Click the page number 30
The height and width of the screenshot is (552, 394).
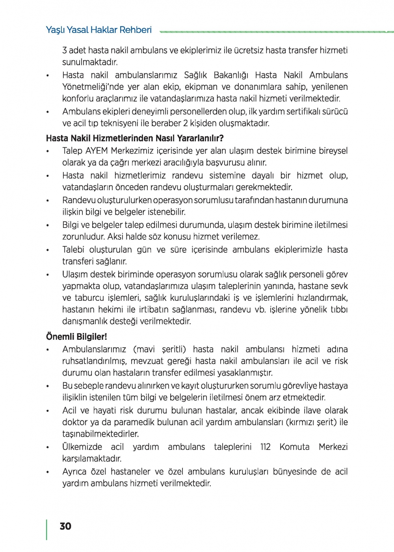coord(65,526)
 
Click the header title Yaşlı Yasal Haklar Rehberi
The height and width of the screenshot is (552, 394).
coord(99,30)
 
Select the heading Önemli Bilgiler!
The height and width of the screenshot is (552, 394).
coord(76,337)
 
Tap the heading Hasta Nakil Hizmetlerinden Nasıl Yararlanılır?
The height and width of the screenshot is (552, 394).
coord(135,138)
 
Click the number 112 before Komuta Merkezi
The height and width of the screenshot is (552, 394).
coord(266,447)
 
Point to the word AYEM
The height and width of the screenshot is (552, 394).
coord(97,151)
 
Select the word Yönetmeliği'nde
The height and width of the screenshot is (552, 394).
coord(93,87)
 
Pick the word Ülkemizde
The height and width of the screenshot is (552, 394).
coord(82,447)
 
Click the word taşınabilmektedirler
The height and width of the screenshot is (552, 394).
coord(100,434)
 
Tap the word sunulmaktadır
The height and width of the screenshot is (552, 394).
coord(90,62)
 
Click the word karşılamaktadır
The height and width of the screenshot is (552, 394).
coord(92,459)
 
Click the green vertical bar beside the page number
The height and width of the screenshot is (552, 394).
coord(47,530)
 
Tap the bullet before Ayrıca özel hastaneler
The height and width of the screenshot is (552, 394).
coord(48,472)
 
